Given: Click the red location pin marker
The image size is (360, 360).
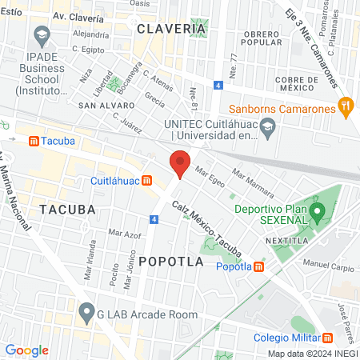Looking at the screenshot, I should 181,163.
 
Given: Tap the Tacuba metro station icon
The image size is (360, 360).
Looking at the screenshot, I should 34,141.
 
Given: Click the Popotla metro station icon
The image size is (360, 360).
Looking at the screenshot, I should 258,267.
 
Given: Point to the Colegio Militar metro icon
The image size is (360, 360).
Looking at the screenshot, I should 328,337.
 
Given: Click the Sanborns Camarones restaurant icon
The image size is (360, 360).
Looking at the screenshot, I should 346,105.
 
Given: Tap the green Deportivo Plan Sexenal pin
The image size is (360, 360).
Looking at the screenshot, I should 318,213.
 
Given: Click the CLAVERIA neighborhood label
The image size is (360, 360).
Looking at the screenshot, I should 171,28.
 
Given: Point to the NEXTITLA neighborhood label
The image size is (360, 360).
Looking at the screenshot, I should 285,238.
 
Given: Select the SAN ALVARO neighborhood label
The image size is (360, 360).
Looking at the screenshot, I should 106,105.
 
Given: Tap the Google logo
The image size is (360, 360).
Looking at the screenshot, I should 26,350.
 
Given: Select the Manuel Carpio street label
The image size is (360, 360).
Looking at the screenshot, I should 326,262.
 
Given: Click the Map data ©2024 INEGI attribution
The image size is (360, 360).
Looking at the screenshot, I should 312,354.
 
